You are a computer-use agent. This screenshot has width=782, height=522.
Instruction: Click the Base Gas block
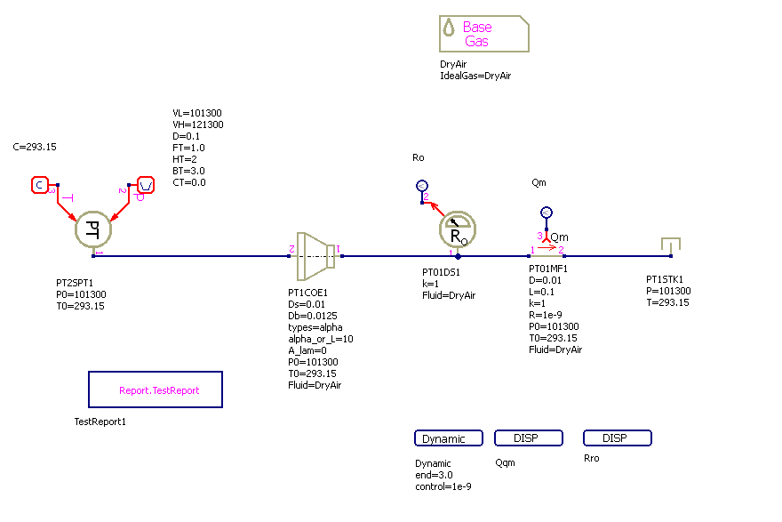click(483, 34)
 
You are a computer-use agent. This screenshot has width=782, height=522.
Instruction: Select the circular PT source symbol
click(92, 229)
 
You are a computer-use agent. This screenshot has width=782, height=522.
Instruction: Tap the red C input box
click(39, 185)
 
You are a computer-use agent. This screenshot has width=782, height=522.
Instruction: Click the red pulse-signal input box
click(146, 185)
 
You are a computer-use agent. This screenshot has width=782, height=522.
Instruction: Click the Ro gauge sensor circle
click(457, 230)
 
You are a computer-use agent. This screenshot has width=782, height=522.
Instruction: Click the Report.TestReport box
click(156, 389)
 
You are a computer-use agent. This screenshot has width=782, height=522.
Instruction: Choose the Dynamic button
click(448, 438)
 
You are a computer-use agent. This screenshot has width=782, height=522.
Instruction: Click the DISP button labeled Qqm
click(528, 438)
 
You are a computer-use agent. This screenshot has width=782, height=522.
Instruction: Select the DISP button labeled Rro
click(617, 438)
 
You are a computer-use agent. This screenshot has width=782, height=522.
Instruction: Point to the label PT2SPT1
click(74, 283)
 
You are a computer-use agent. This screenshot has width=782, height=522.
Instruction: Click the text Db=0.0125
click(313, 316)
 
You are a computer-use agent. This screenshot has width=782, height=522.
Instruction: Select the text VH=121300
click(197, 125)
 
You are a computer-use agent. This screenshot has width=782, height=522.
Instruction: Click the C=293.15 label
click(36, 147)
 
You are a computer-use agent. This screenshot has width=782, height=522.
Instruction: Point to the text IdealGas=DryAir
click(475, 76)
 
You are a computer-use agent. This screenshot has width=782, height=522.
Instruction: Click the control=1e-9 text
click(443, 486)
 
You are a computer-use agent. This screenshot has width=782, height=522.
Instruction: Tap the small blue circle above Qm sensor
click(547, 212)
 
